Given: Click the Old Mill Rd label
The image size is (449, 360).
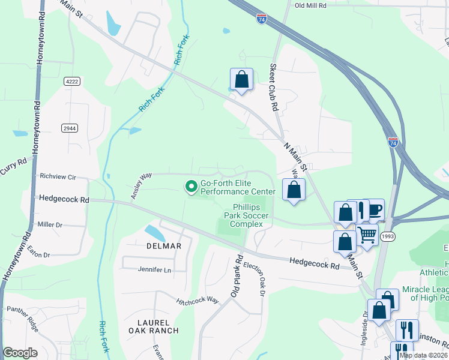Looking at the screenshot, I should click(310, 5).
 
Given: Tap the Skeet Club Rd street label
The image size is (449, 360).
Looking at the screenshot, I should click(274, 88).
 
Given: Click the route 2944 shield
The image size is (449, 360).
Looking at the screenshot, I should click(70, 128).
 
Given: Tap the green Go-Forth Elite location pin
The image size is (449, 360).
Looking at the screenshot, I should click(191, 187).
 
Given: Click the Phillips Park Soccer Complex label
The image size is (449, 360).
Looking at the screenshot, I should click(247, 215).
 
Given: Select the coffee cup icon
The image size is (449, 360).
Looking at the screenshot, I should click(375, 209).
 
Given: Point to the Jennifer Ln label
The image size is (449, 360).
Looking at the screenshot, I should click(154, 270).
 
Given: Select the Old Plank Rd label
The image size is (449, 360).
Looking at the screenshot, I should click(236, 277).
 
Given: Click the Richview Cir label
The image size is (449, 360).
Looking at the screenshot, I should click(58, 177).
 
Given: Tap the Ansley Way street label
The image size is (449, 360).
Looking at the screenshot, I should click(141, 186).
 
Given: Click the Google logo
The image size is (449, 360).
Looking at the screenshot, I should click(20, 352).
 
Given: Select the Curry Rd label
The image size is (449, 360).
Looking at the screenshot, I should click(13, 166).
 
